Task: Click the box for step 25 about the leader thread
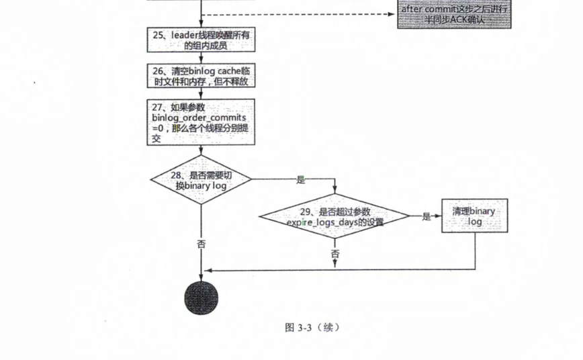[x=201, y=40]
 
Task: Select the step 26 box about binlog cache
[x=201, y=75]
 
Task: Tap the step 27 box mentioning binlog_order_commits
[x=201, y=122]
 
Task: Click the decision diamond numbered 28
[x=201, y=179]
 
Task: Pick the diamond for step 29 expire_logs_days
[x=334, y=216]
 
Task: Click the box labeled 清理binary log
[x=474, y=216]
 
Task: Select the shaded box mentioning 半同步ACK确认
[x=454, y=14]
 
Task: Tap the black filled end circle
[x=201, y=298]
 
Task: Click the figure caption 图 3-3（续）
[x=312, y=327]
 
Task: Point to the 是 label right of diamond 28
[x=301, y=180]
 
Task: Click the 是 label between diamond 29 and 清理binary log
[x=426, y=216]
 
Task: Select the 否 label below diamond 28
[x=201, y=244]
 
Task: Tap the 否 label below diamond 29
[x=335, y=254]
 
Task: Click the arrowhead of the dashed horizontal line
[x=391, y=14]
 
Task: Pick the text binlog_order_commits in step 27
[x=199, y=118]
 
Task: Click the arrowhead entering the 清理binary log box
[x=439, y=216]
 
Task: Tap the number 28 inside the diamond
[x=176, y=175]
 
